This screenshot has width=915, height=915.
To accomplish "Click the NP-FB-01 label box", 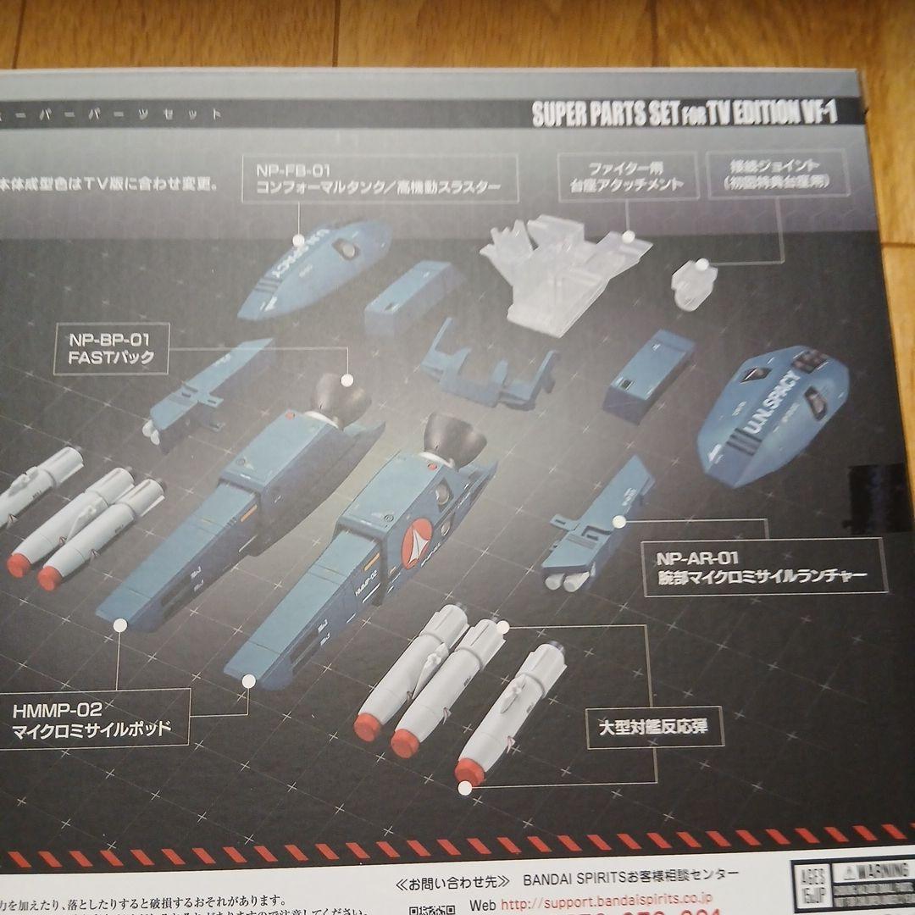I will (x=380, y=178).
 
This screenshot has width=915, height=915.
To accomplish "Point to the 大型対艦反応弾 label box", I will (x=655, y=727).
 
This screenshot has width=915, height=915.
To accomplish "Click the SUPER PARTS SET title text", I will (x=685, y=113).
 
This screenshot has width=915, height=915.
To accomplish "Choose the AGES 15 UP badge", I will (x=807, y=885).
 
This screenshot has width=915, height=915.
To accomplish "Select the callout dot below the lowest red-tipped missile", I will (x=464, y=788).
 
